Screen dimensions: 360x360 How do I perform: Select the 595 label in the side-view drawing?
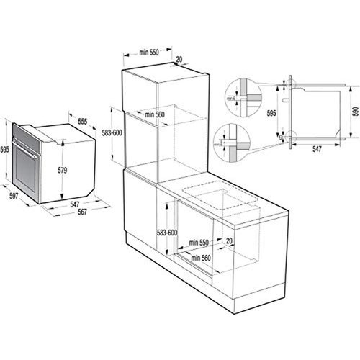271,113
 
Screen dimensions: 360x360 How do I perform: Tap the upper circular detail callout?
233,92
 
